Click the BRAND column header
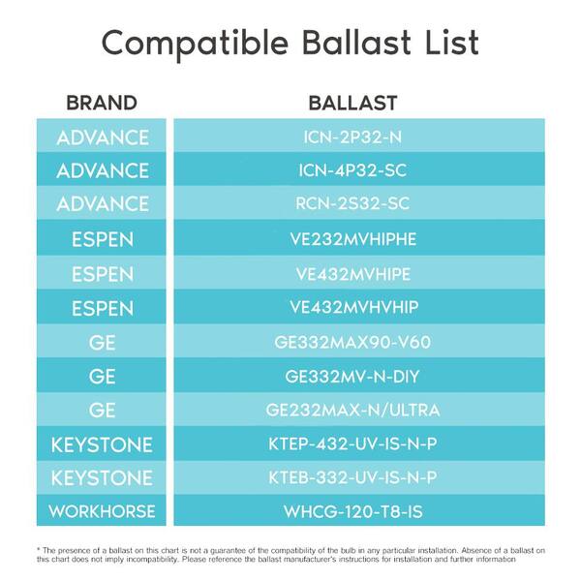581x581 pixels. coord(102,103)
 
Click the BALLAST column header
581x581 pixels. coord(352,103)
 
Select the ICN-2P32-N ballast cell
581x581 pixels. coord(359,136)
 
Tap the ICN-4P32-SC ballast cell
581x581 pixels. coord(359,169)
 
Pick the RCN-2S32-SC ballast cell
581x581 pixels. coord(359,202)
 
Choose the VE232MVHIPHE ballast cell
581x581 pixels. coord(359,237)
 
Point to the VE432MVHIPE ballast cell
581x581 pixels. coord(359,272)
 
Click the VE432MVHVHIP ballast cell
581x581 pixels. coord(359,307)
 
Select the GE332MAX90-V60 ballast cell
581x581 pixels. coord(359,341)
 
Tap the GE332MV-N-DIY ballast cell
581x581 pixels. coord(359,375)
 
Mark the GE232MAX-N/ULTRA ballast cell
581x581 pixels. coord(359,409)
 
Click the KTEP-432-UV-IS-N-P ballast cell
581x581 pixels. coord(359,443)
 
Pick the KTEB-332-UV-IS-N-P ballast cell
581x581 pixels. coord(359,477)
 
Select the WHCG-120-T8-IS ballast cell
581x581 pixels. coord(359,510)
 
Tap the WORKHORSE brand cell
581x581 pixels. coord(102,510)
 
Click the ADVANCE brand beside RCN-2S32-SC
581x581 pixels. coord(102,202)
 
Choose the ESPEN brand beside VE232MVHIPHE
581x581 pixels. coord(102,237)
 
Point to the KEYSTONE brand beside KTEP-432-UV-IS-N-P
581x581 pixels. coord(102,443)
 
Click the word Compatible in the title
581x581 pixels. coord(195,44)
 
